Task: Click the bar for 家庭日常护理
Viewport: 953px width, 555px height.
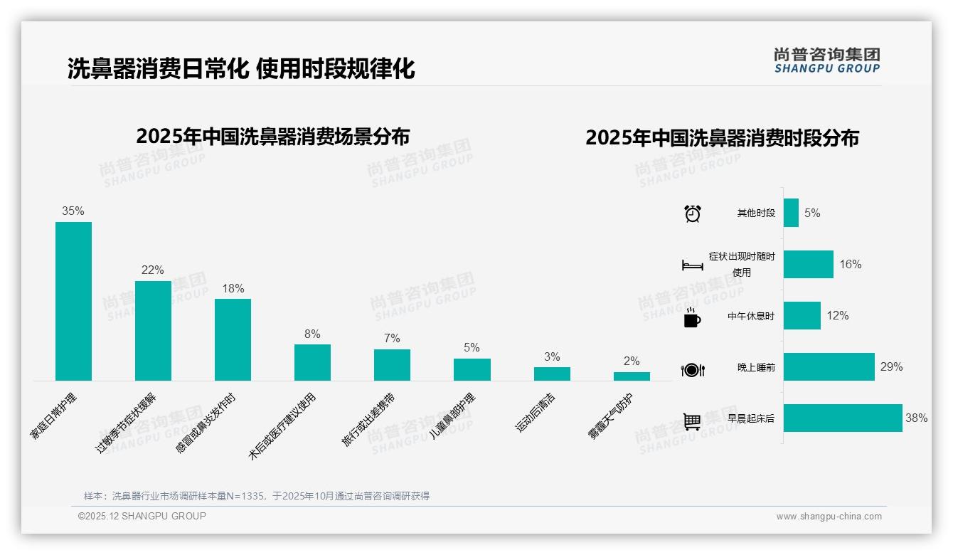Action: pyautogui.click(x=73, y=301)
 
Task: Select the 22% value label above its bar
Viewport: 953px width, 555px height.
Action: pyautogui.click(x=153, y=270)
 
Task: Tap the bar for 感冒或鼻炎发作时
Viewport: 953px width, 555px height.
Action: pyautogui.click(x=233, y=339)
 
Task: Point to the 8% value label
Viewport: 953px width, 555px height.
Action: pyautogui.click(x=312, y=334)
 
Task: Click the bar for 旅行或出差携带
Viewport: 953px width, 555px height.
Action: pyautogui.click(x=392, y=364)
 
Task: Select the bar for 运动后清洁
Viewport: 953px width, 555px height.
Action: pyautogui.click(x=552, y=374)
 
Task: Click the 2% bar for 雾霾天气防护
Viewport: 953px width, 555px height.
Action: pyautogui.click(x=632, y=376)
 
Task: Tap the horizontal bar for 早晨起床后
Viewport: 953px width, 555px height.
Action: pyautogui.click(x=843, y=418)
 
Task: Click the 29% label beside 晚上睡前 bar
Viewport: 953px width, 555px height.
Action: pyautogui.click(x=891, y=367)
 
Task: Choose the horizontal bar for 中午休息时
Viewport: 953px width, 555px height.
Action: pyautogui.click(x=802, y=316)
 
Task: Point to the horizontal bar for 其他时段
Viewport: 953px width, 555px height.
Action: pyautogui.click(x=791, y=213)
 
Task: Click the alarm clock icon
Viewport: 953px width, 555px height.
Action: pyautogui.click(x=693, y=213)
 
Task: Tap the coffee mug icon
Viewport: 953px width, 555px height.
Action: pyautogui.click(x=692, y=317)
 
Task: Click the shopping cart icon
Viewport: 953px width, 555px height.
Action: pyautogui.click(x=692, y=421)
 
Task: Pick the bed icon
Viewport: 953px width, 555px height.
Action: pyautogui.click(x=692, y=265)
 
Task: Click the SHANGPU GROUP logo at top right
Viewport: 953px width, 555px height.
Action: pyautogui.click(x=826, y=60)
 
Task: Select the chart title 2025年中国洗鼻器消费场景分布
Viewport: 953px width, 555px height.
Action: pyautogui.click(x=272, y=137)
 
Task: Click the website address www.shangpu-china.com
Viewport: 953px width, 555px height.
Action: pyautogui.click(x=829, y=517)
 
